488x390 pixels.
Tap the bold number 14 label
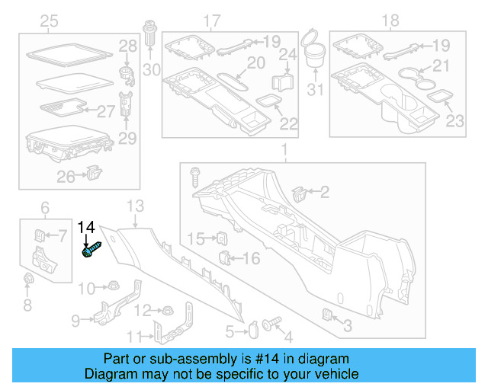tap(87, 227)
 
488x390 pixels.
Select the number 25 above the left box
tap(49, 21)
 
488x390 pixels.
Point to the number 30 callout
tap(152, 70)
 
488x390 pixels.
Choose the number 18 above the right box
tap(390, 21)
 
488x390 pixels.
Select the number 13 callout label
tap(135, 206)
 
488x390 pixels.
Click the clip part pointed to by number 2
tap(299, 192)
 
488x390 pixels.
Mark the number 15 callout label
tap(196, 239)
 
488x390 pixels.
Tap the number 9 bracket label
tap(75, 321)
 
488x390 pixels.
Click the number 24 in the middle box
tap(287, 54)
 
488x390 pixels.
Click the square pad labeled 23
tap(438, 97)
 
